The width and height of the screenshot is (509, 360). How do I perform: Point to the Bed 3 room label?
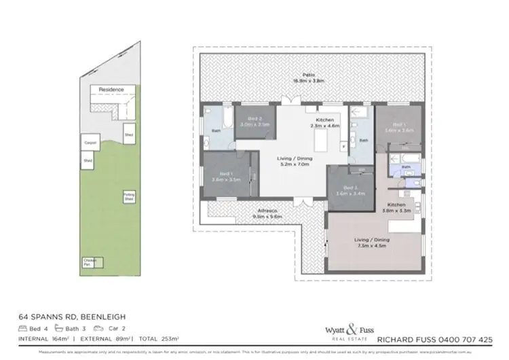point(350,187)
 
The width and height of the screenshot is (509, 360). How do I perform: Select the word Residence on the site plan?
point(111,90)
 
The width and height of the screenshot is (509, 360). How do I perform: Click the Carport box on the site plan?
point(90,143)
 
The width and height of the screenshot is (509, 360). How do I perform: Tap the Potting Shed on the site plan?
point(128,197)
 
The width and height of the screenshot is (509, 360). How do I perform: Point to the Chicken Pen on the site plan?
point(89,262)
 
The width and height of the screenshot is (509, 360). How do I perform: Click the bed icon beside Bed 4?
point(24,328)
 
